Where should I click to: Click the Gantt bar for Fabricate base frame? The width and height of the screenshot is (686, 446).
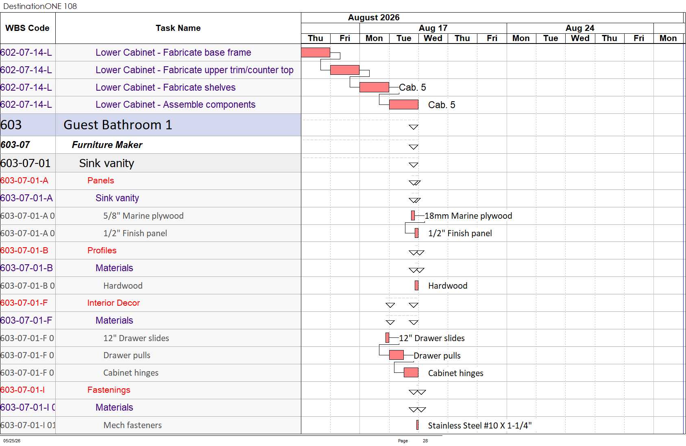[x=316, y=52]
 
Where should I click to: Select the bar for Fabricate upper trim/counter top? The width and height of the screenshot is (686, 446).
[x=345, y=70]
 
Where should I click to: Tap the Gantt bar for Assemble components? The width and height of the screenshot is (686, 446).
[x=404, y=104]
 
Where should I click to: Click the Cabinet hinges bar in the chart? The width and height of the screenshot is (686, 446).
[x=411, y=372]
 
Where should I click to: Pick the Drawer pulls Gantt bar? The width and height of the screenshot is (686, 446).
[x=396, y=355]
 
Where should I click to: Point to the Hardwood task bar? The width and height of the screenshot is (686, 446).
[x=416, y=285]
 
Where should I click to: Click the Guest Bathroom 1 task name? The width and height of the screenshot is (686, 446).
[x=118, y=125]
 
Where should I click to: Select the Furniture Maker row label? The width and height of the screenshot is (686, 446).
[x=107, y=145]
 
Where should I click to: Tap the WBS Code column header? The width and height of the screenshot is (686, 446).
[x=27, y=28]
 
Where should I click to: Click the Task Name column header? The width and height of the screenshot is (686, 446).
[x=178, y=28]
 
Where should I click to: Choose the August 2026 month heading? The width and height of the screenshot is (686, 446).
[x=374, y=17]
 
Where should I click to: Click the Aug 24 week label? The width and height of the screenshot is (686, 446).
[x=580, y=28]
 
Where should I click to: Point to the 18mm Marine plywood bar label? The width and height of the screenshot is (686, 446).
[x=468, y=216]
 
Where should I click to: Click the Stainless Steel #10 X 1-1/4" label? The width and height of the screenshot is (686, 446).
[x=479, y=425]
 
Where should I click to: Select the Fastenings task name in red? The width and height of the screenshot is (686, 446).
[x=109, y=389]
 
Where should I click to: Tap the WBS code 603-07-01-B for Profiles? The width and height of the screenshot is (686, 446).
[x=24, y=250]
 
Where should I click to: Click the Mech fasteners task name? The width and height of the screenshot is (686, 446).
[x=132, y=425]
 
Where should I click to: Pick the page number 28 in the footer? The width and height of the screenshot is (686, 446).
[x=425, y=441]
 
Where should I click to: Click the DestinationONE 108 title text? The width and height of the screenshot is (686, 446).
[x=40, y=6]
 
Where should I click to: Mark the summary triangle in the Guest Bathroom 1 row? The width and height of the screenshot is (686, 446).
[x=414, y=127]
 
